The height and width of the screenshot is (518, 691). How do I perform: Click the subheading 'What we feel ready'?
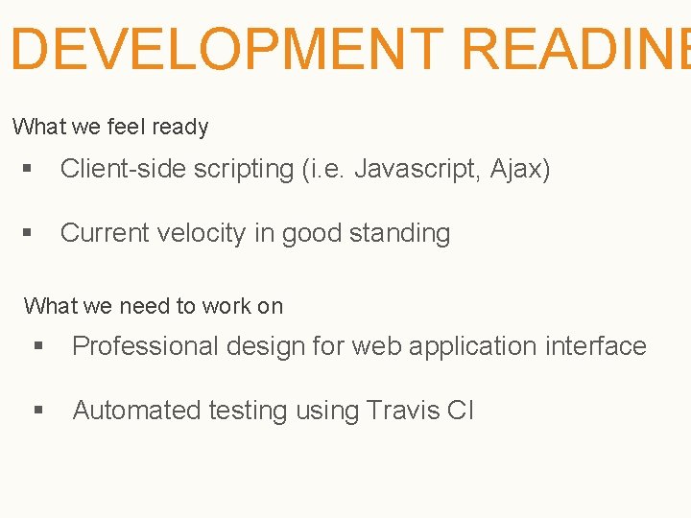click(x=110, y=127)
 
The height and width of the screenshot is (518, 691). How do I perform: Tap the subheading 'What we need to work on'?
click(x=154, y=306)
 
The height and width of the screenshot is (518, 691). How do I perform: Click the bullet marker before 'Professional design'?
click(x=38, y=346)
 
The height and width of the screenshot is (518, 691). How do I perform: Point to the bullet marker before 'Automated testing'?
click(x=38, y=411)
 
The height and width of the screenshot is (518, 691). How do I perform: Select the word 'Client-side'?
click(x=123, y=170)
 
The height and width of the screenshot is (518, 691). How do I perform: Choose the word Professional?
click(x=145, y=346)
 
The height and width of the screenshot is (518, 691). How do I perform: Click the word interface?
click(x=596, y=346)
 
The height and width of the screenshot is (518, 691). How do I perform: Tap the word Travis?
click(x=402, y=411)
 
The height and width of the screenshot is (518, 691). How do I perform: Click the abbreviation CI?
click(x=461, y=411)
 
